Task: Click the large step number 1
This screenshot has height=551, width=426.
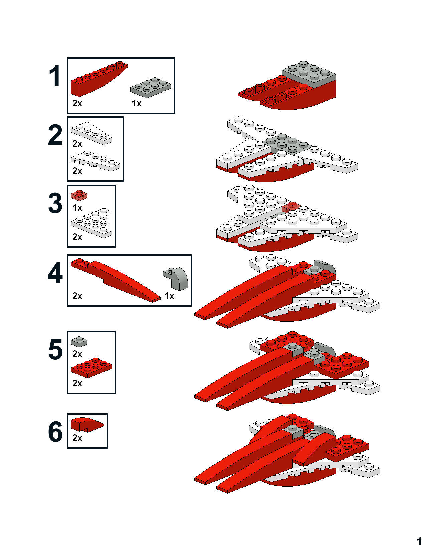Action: (55, 76)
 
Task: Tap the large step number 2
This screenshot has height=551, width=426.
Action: (55, 135)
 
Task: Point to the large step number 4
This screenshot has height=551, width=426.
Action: (55, 273)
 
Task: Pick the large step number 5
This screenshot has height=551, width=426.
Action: (55, 350)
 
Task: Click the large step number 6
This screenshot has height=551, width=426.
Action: (55, 432)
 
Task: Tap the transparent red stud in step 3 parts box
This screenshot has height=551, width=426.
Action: (79, 195)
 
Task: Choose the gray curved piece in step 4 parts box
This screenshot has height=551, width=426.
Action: (176, 278)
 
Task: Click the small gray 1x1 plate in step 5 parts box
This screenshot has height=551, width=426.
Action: (79, 341)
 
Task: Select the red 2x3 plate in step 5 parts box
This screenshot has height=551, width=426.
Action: (91, 367)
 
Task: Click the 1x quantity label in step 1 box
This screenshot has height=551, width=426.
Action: (136, 103)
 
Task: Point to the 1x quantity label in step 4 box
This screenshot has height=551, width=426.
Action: (169, 296)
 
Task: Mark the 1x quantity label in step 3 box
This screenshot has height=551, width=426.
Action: (77, 208)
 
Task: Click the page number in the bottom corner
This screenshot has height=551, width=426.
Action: (419, 541)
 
